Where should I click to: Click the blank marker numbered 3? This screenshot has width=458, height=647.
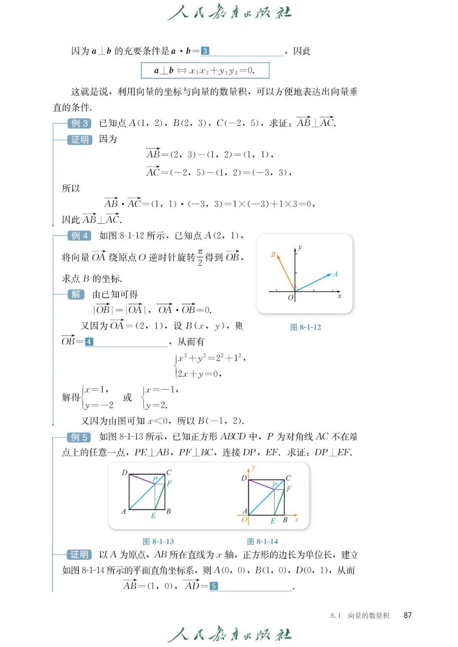point(205,51)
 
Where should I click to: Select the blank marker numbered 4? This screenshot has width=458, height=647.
point(89,342)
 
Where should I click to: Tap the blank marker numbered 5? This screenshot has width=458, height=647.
point(214,586)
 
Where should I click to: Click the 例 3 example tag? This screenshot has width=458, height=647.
point(79,123)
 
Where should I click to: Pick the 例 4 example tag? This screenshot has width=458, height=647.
point(79,236)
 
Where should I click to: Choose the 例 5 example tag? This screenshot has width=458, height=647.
point(79,437)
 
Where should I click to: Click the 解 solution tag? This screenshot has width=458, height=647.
point(76,294)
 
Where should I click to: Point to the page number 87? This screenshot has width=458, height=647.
point(408,615)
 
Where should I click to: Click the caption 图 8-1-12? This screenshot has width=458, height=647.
point(305,327)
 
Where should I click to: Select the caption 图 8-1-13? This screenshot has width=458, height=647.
point(158,541)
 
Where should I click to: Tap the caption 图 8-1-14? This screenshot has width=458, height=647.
point(263,541)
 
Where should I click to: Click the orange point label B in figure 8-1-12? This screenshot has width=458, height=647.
point(274,255)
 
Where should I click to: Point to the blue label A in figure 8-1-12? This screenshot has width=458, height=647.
point(335,274)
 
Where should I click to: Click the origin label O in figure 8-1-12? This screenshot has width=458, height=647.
point(290,298)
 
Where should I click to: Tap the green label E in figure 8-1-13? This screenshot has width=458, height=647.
point(153,516)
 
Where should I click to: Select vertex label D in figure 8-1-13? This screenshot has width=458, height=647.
point(124,472)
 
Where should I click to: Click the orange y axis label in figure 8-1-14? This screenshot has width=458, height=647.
point(254,468)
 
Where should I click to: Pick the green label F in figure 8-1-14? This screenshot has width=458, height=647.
point(289,489)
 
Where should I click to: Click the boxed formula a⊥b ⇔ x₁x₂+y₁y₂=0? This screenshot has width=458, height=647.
point(205,71)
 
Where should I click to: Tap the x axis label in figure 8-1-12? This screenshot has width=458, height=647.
point(339,296)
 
